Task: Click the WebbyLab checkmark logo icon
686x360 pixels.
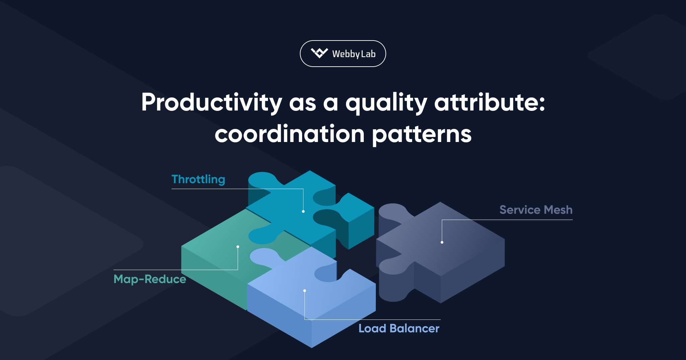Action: point(319,53)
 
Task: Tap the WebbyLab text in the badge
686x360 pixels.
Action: point(354,54)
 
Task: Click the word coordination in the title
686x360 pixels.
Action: point(289,134)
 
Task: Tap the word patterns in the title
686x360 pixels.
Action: point(422,134)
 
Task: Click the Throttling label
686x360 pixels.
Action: point(198,179)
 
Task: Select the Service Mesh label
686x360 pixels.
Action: point(536,210)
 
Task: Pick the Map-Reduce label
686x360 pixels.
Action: point(150,279)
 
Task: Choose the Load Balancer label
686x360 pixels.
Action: point(399,329)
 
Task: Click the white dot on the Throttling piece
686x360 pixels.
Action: point(303,211)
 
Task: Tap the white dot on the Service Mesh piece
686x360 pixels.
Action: point(442,242)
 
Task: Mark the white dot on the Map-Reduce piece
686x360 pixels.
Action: point(238,247)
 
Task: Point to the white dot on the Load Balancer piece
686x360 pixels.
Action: point(304,291)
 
